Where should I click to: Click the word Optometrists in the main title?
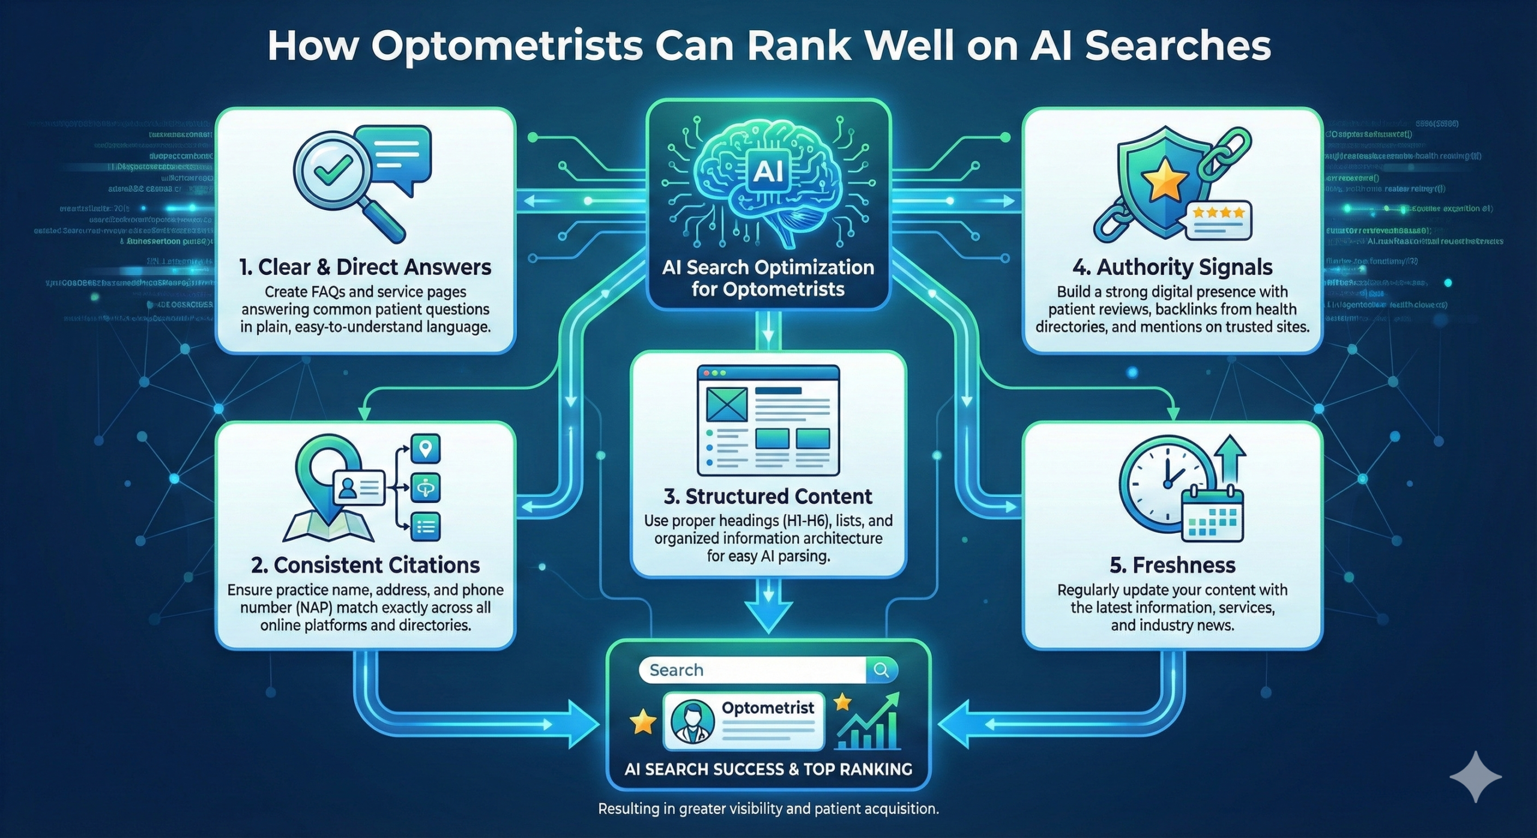(507, 46)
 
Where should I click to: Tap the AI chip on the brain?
(768, 171)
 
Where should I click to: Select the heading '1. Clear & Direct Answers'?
(365, 267)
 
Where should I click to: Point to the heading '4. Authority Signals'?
(1172, 267)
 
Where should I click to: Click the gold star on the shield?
(1164, 181)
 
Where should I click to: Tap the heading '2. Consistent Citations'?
(365, 565)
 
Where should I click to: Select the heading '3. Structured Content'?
(768, 496)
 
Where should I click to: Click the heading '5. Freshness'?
(1172, 565)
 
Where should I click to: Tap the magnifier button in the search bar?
(881, 670)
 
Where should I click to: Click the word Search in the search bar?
(676, 670)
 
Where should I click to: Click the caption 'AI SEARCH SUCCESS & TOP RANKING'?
(768, 769)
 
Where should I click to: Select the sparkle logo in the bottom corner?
(1475, 776)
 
